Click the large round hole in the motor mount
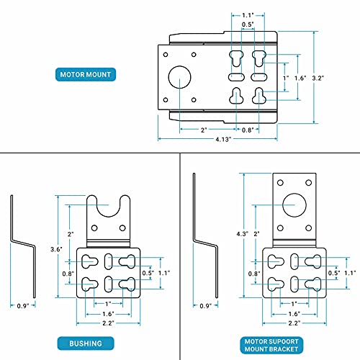pyautogui.click(x=180, y=77)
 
